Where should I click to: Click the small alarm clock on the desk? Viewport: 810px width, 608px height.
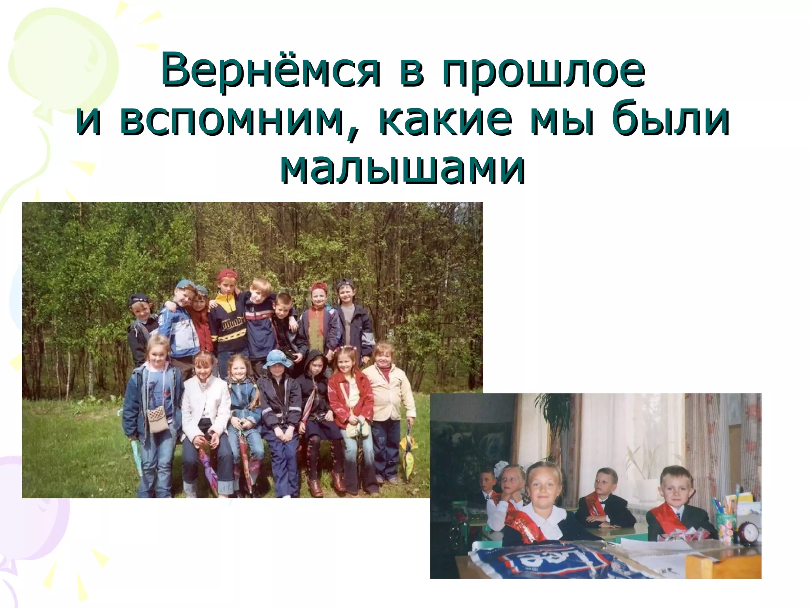pos(748,532)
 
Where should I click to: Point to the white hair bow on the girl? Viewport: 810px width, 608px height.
pos(503,466)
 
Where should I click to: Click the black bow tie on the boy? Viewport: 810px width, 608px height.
pos(603,503)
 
